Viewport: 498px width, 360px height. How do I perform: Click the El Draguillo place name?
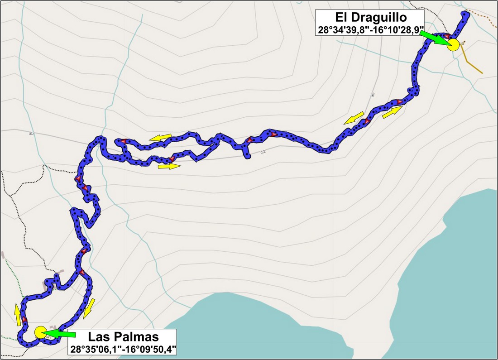point(371,18)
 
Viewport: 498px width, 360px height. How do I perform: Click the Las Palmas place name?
point(123,337)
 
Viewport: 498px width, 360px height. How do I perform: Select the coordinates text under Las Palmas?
point(123,349)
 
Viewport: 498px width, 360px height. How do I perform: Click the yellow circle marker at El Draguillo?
point(453,45)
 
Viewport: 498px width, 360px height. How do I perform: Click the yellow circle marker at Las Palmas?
point(40,332)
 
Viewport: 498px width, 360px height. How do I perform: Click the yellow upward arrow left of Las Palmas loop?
point(17,315)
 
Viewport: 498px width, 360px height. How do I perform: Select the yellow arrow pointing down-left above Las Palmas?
point(90,308)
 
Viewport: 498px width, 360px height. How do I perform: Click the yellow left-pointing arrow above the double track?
point(161,137)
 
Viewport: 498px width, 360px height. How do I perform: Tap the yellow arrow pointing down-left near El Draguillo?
point(354,118)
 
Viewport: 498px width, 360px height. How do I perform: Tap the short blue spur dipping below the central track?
point(247,152)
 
